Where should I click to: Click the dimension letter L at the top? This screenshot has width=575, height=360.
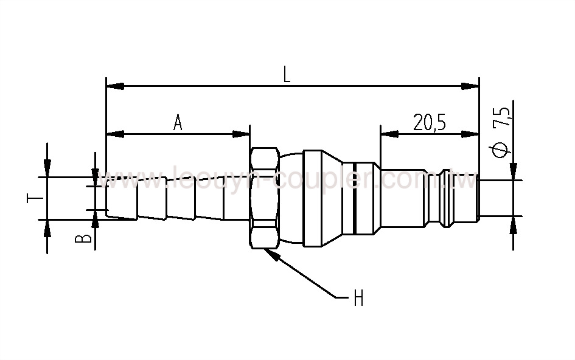(x=287, y=74)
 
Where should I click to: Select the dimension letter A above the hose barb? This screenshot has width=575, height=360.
(x=178, y=122)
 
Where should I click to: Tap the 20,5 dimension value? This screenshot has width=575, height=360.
(x=430, y=122)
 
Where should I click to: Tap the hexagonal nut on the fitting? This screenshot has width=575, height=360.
(x=263, y=198)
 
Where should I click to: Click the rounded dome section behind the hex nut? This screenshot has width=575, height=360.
(x=290, y=198)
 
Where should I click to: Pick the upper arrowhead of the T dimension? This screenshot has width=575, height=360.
(x=47, y=168)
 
